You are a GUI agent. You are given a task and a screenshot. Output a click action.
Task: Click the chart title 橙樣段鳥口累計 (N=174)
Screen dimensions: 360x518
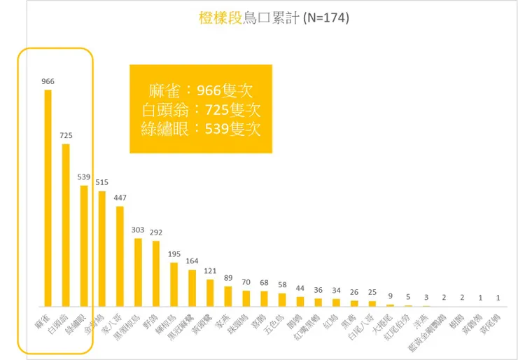coord(273,18)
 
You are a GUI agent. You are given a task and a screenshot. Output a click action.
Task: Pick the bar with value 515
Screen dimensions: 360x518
coord(102,249)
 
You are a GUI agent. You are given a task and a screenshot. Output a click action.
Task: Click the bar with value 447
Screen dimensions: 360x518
coord(120,256)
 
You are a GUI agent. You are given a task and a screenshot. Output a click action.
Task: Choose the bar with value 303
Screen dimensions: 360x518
coord(138,272)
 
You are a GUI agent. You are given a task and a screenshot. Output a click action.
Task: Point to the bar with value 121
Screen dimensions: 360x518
coord(210,293)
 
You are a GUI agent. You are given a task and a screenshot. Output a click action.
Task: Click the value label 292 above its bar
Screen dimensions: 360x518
coord(156,233)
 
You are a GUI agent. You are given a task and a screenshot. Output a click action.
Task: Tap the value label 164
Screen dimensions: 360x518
coord(192,261)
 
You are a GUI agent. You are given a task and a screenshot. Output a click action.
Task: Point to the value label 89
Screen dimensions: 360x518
coord(227,278)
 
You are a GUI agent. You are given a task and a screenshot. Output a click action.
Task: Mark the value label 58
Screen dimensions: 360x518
coord(282,285)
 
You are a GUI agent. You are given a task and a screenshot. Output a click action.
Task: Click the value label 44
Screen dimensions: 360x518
coord(300,288)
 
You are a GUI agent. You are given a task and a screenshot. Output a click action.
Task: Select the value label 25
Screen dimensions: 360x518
coord(372,292)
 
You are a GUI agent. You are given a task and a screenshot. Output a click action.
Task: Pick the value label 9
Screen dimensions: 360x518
coord(390,296)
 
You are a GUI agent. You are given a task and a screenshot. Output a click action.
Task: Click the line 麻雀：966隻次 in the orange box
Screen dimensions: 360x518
coord(200,91)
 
